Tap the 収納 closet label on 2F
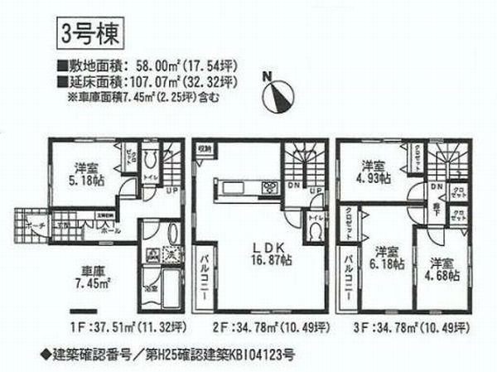click(204, 150)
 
